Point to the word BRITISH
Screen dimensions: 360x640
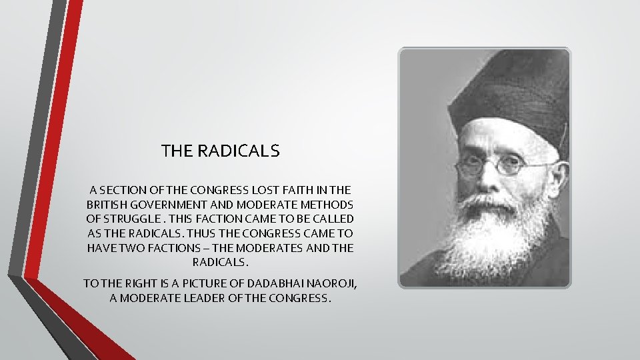click(x=108, y=205)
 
